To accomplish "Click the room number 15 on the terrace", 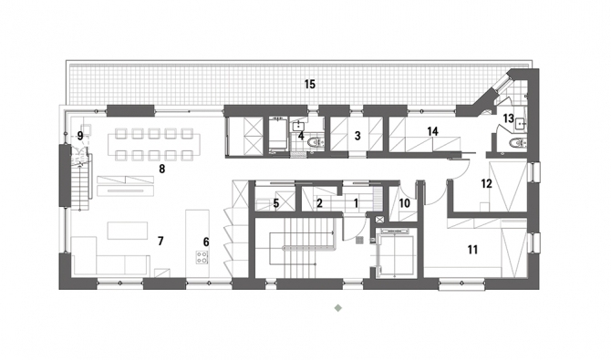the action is coord(310,84).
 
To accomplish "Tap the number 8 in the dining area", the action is coord(162,170).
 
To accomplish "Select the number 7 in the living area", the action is coord(161,242).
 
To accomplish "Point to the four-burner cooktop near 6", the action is coord(202,257).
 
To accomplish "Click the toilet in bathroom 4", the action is coord(316,142).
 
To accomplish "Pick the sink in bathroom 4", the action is coord(298,126).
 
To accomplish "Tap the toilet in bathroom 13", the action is coord(517,143).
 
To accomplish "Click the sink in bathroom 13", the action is coord(521,124).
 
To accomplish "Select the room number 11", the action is coord(472,250).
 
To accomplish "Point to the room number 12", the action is coord(486,183).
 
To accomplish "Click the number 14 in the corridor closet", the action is coord(432,131).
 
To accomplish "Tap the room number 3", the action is coord(357,136).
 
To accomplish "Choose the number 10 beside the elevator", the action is coord(405,203).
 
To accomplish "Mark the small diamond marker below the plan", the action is coord(338,308).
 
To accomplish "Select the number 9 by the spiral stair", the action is coord(80,136).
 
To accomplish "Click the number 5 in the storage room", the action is coord(276,203).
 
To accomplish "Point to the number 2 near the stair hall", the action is coord(319,203).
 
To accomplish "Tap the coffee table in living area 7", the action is coord(128,231).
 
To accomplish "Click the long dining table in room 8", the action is coord(154,145).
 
